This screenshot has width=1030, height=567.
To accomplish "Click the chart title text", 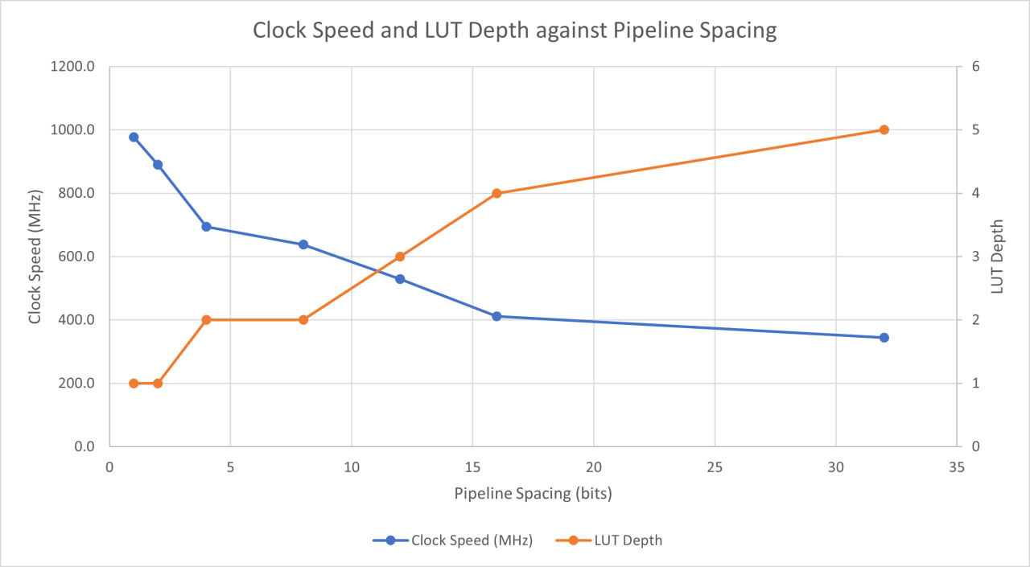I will click(515, 31).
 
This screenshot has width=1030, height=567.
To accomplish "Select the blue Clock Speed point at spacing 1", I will click(134, 138).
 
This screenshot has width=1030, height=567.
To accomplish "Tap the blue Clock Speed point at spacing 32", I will click(884, 338).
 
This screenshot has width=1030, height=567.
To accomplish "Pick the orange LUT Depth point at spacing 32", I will click(884, 129).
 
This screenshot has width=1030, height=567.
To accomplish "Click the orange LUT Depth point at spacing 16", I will click(496, 193).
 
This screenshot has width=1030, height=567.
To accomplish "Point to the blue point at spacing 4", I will click(206, 227).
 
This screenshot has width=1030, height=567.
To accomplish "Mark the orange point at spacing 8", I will click(303, 319).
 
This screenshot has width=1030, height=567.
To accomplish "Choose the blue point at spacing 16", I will click(496, 316).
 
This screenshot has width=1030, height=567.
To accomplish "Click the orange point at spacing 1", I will click(134, 384).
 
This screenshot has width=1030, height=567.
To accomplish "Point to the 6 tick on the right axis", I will click(974, 67).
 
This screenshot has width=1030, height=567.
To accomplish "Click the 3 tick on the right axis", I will click(974, 257).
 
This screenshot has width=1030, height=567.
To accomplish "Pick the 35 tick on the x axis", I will click(956, 466).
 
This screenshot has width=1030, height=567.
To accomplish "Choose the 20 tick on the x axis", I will click(593, 466).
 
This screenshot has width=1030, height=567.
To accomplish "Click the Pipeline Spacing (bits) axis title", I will click(533, 494).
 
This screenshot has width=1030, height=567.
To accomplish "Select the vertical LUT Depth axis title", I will click(998, 257).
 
